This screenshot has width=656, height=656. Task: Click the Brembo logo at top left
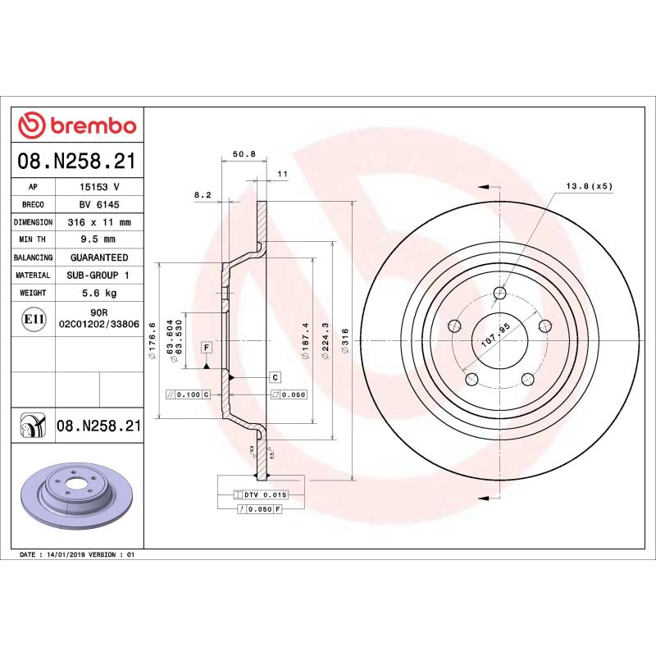point(77,125)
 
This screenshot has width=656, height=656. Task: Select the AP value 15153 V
point(98,187)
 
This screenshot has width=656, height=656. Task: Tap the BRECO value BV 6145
point(98,204)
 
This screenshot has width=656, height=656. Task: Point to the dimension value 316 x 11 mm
point(98,222)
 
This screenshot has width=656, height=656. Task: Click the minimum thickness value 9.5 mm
point(98,239)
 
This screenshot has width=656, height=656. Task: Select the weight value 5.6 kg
point(98,293)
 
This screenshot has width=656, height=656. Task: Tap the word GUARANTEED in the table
point(98,257)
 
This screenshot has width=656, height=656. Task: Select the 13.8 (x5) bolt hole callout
point(589,186)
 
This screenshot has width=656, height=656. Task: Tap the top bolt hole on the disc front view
point(501,293)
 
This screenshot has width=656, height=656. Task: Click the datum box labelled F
point(207,348)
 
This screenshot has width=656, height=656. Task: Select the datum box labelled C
point(276,376)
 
